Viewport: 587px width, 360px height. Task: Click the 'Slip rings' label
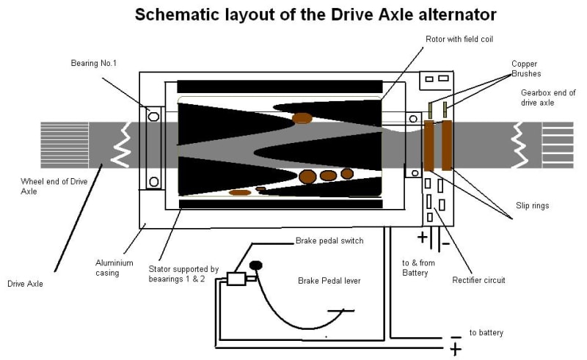click(531, 206)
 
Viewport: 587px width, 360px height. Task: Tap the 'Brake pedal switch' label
click(329, 240)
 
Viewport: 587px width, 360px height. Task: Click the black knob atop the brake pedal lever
click(256, 265)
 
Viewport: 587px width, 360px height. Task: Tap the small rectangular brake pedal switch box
click(236, 279)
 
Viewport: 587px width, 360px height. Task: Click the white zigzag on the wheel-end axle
click(119, 144)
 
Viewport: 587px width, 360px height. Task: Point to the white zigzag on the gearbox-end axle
click(519, 144)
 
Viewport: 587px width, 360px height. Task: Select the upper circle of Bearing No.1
click(153, 115)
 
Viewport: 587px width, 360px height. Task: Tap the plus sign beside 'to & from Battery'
click(422, 238)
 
